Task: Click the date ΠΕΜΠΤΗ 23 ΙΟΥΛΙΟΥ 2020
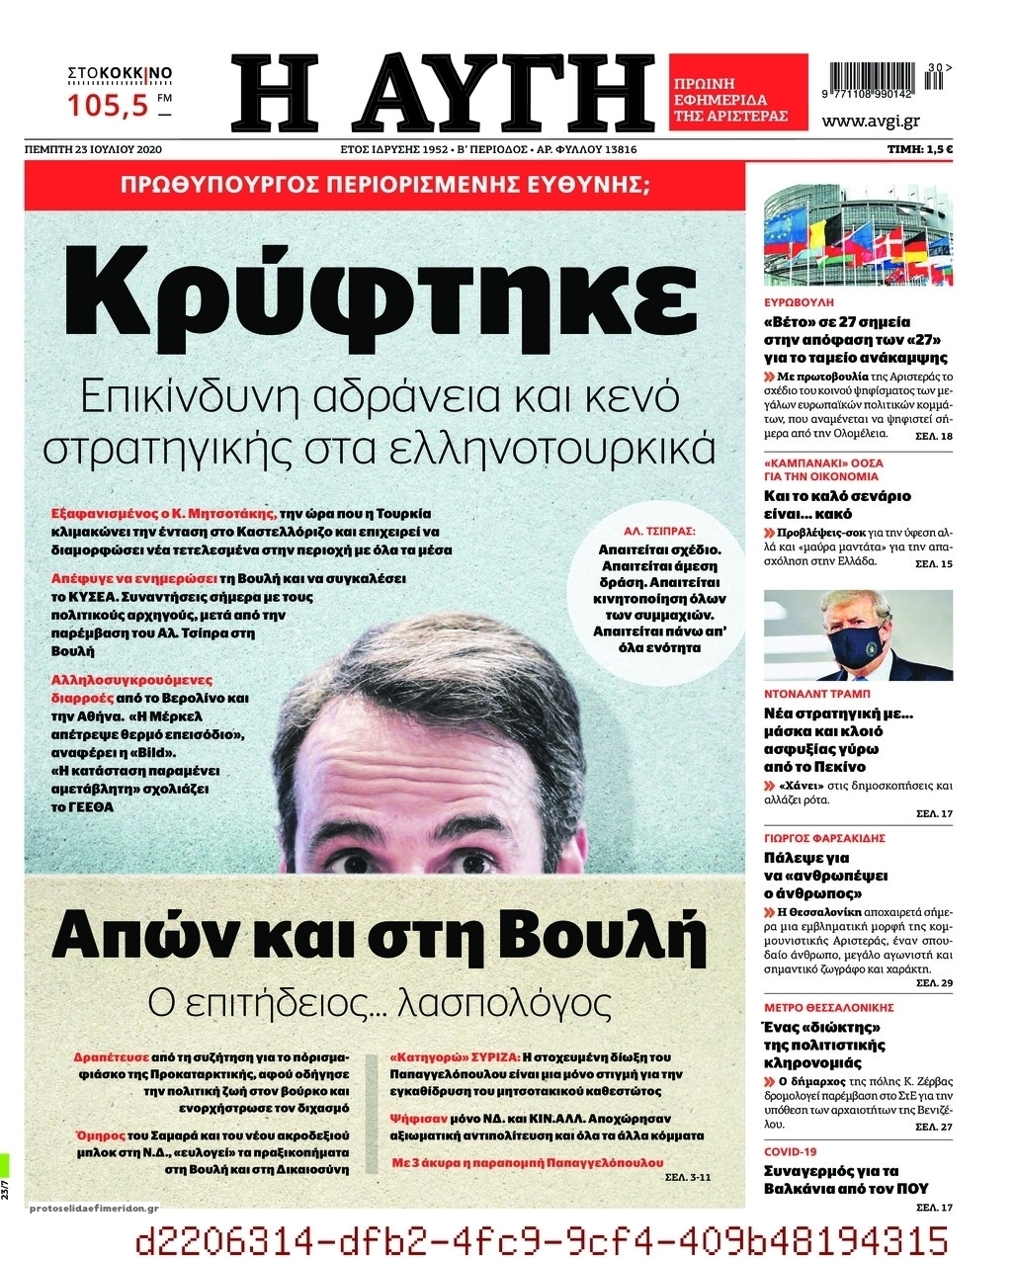click(x=93, y=149)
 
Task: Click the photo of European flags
click(x=858, y=234)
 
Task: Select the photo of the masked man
click(x=858, y=635)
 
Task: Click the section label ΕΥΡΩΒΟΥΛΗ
click(x=800, y=301)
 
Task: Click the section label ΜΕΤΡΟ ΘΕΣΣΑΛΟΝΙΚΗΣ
click(x=828, y=1008)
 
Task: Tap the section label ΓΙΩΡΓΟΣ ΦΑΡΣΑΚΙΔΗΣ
click(x=824, y=838)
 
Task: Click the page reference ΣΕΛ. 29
click(x=934, y=984)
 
